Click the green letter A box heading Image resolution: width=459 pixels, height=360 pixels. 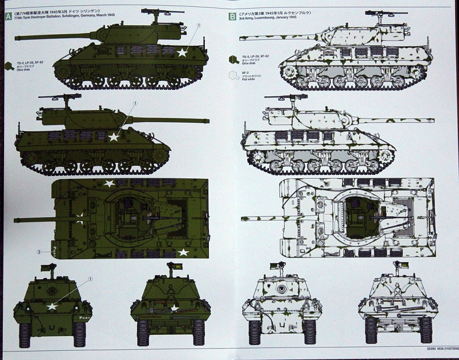(7, 17)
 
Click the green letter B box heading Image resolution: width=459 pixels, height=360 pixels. (232, 17)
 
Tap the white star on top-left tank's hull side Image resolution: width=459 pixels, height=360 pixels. (182, 53)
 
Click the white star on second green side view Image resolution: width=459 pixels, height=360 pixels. (114, 137)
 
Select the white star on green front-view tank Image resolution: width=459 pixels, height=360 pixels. (52, 306)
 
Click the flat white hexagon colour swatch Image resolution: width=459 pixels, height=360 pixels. (234, 75)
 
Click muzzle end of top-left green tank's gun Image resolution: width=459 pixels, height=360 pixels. (16, 38)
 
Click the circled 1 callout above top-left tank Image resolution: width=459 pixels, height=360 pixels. (199, 26)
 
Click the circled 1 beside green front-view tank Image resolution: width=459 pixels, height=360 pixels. (90, 279)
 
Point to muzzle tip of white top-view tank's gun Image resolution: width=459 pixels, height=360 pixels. (243, 218)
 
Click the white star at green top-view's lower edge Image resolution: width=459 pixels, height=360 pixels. (184, 252)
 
